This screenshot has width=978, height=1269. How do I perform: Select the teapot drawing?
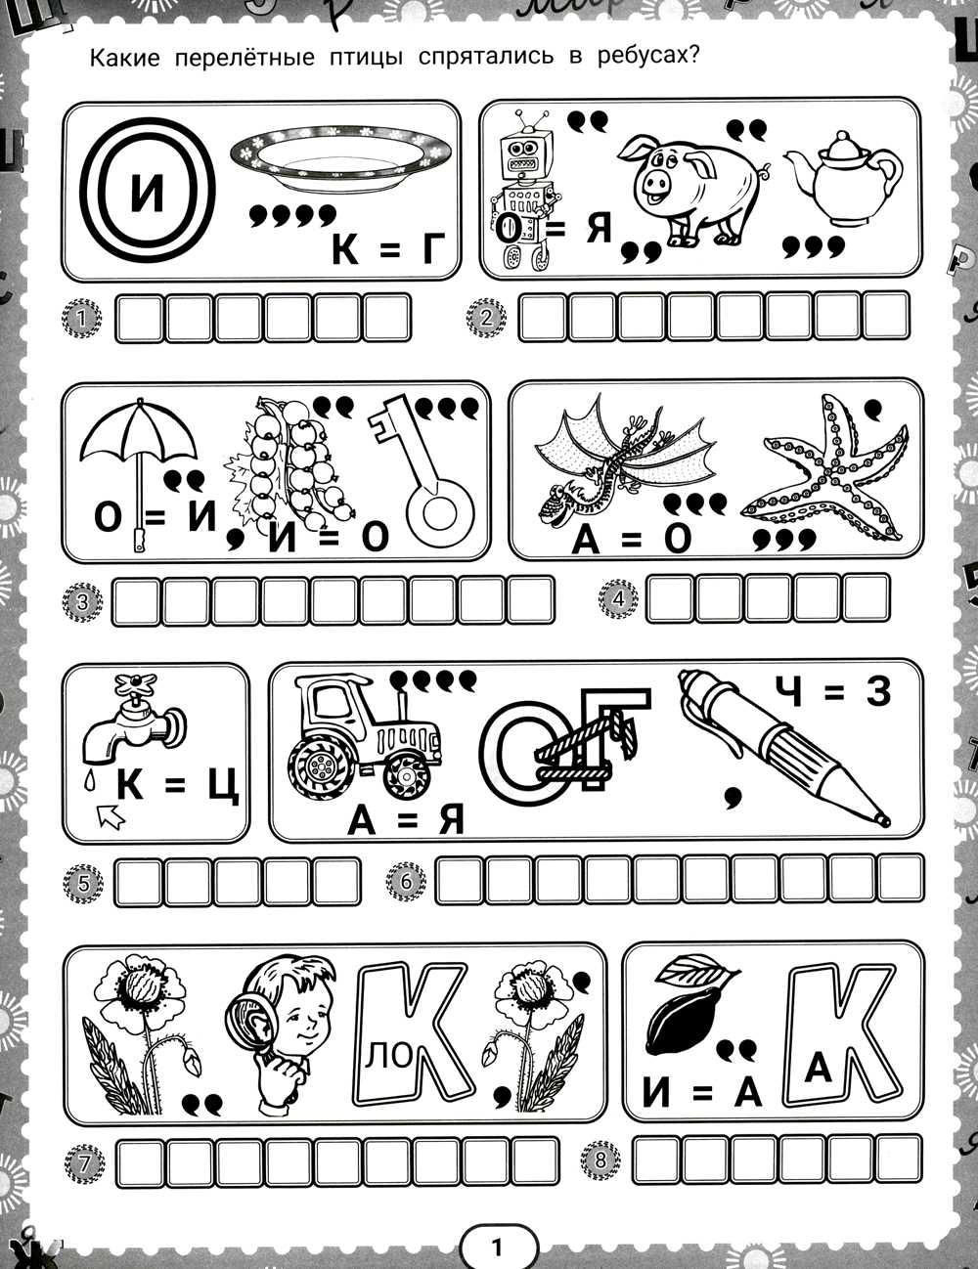point(841,178)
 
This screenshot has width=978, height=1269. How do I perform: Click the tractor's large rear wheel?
point(320,763)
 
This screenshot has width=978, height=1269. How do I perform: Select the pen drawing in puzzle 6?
point(782,751)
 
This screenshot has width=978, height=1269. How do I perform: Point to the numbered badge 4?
point(619,598)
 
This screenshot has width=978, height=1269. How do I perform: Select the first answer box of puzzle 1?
point(139,319)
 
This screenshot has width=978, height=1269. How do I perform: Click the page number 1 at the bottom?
point(497,1245)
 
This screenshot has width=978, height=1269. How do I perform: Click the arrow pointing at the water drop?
point(111,814)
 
